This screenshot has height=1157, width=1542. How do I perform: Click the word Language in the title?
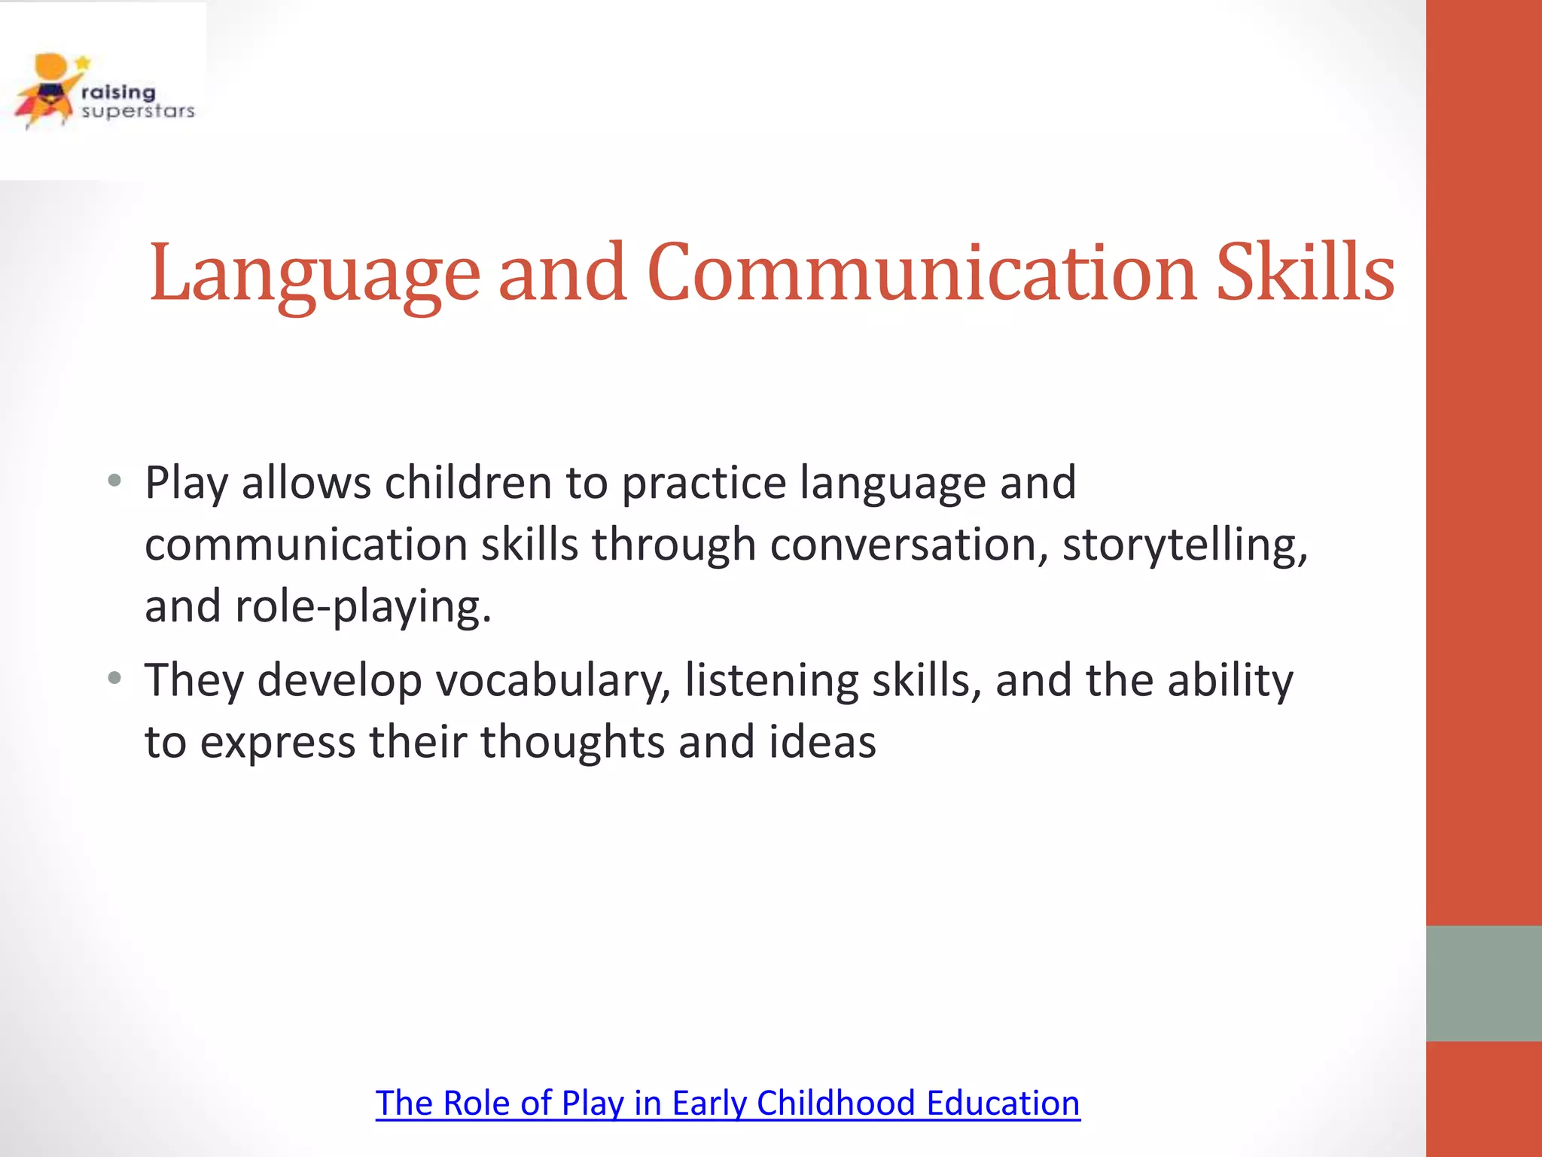coord(315,273)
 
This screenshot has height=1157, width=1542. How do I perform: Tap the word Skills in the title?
coord(1306,273)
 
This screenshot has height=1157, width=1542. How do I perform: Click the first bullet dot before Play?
coord(114,481)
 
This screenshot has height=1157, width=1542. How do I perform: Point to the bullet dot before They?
coord(114,679)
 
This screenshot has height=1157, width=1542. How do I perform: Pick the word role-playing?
coord(363,606)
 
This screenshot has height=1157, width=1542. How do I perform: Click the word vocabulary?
coord(553,681)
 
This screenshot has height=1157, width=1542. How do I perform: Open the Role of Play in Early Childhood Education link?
coord(727,1104)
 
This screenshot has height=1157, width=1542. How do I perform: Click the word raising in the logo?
coord(118,92)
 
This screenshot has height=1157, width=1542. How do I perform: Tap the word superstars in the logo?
coord(138,111)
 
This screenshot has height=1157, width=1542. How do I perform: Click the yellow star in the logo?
coord(83,63)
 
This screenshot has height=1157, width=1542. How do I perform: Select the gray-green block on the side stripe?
coord(1483,983)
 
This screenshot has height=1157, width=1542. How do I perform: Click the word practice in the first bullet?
coord(704,483)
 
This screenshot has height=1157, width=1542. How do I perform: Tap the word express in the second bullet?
coord(278,743)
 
